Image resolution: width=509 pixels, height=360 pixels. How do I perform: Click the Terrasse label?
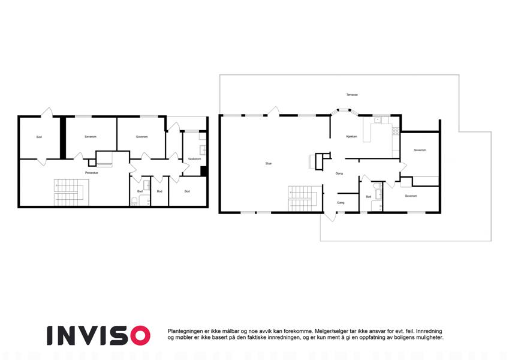point(352,95)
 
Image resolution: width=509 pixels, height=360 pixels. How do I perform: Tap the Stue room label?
point(269,164)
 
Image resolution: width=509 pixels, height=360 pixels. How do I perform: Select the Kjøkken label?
point(351,137)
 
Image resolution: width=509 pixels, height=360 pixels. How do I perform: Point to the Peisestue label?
point(92,173)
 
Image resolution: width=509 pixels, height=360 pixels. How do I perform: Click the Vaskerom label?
point(194,159)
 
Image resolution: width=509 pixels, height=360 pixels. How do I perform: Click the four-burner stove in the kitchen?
point(395,131)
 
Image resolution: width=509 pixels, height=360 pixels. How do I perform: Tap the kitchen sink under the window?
point(378,120)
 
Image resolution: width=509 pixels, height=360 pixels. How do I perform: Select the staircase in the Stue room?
point(303,198)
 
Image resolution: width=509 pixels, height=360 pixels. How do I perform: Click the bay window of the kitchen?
point(344,111)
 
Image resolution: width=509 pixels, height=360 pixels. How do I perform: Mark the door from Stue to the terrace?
point(273,111)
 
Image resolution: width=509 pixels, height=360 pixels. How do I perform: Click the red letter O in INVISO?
point(140,335)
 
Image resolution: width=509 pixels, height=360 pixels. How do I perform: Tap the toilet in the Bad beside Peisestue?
point(134,202)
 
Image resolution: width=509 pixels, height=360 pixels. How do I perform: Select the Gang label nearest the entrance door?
point(341,203)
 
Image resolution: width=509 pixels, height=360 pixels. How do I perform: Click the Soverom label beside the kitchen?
point(420,151)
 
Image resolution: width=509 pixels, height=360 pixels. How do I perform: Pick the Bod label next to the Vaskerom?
point(187,191)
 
